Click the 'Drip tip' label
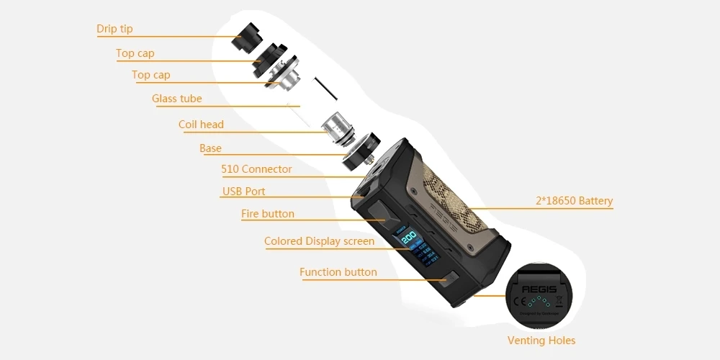[x=114, y=30]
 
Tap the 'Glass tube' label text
[x=176, y=99]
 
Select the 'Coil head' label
[x=201, y=125]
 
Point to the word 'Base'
[x=210, y=148]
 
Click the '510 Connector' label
[x=256, y=169]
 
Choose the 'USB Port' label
[x=243, y=192]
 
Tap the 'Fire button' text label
[x=267, y=214]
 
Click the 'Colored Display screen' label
[x=319, y=241]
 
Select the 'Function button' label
[x=338, y=272]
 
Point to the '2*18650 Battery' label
[x=574, y=201]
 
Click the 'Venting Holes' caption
[x=541, y=341]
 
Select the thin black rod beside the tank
[x=325, y=86]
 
